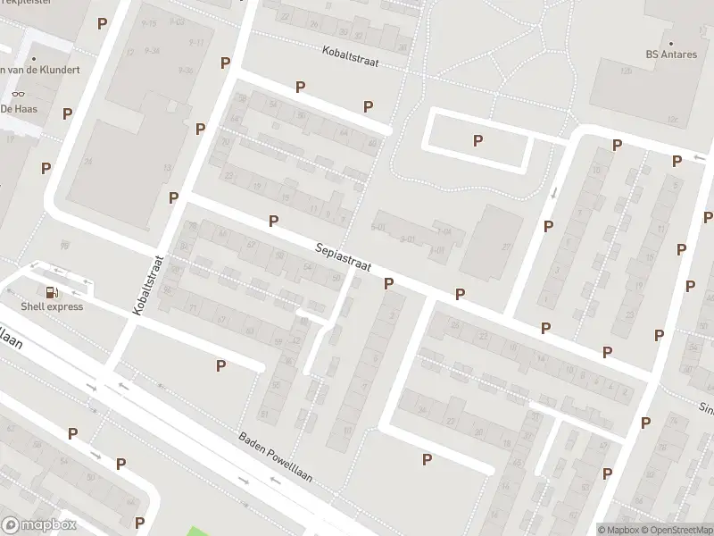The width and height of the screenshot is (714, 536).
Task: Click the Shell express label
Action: pyautogui.click(x=52, y=306)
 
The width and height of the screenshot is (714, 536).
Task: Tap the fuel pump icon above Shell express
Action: pyautogui.click(x=52, y=291)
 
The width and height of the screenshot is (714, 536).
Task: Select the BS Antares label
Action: pyautogui.click(x=670, y=54)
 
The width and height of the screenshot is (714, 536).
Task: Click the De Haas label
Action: pyautogui.click(x=18, y=108)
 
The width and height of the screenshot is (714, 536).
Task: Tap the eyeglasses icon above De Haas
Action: pyautogui.click(x=17, y=94)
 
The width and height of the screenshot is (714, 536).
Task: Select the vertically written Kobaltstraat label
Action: pyautogui.click(x=149, y=284)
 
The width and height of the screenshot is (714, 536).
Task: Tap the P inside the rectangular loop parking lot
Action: pyautogui.click(x=477, y=140)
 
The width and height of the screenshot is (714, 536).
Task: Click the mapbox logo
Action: pyautogui.click(x=39, y=525)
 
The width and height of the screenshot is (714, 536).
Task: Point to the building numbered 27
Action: pyautogui.click(x=505, y=247)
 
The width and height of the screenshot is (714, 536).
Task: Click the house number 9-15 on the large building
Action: pyautogui.click(x=148, y=23)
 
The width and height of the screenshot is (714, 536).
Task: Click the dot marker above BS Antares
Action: pyautogui.click(x=670, y=42)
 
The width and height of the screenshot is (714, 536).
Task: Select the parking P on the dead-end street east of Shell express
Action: pyautogui.click(x=220, y=364)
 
